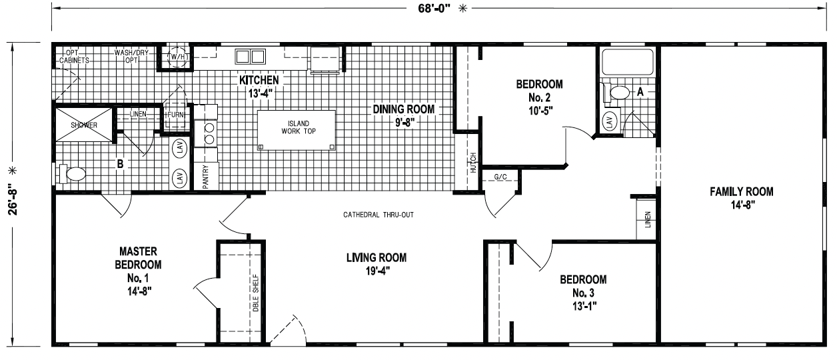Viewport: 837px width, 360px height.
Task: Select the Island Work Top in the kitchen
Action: coord(296,130)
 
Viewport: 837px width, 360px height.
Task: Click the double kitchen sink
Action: coord(251,57)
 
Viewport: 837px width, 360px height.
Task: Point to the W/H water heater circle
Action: coord(177,57)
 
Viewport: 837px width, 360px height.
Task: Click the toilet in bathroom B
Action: coord(73,174)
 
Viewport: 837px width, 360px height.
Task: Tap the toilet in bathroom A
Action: coord(615,93)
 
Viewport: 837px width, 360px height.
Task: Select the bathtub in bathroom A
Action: coord(627,62)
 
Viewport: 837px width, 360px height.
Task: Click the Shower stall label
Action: coord(84,125)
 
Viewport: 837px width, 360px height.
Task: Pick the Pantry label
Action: coord(205,177)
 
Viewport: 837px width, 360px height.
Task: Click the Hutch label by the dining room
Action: coord(473,163)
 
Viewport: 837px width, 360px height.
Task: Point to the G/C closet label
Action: coord(500,177)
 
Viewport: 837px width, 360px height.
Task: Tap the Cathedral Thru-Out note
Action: coord(379,215)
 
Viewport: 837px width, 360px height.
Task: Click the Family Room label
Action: coord(741,192)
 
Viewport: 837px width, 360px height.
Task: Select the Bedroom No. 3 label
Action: coord(583,286)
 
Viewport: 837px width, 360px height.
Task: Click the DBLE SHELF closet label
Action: coord(256,293)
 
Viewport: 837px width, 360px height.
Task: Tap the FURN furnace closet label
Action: coord(175,115)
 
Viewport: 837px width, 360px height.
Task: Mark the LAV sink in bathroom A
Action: coord(610,121)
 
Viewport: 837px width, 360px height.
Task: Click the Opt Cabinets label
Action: coord(74,57)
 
